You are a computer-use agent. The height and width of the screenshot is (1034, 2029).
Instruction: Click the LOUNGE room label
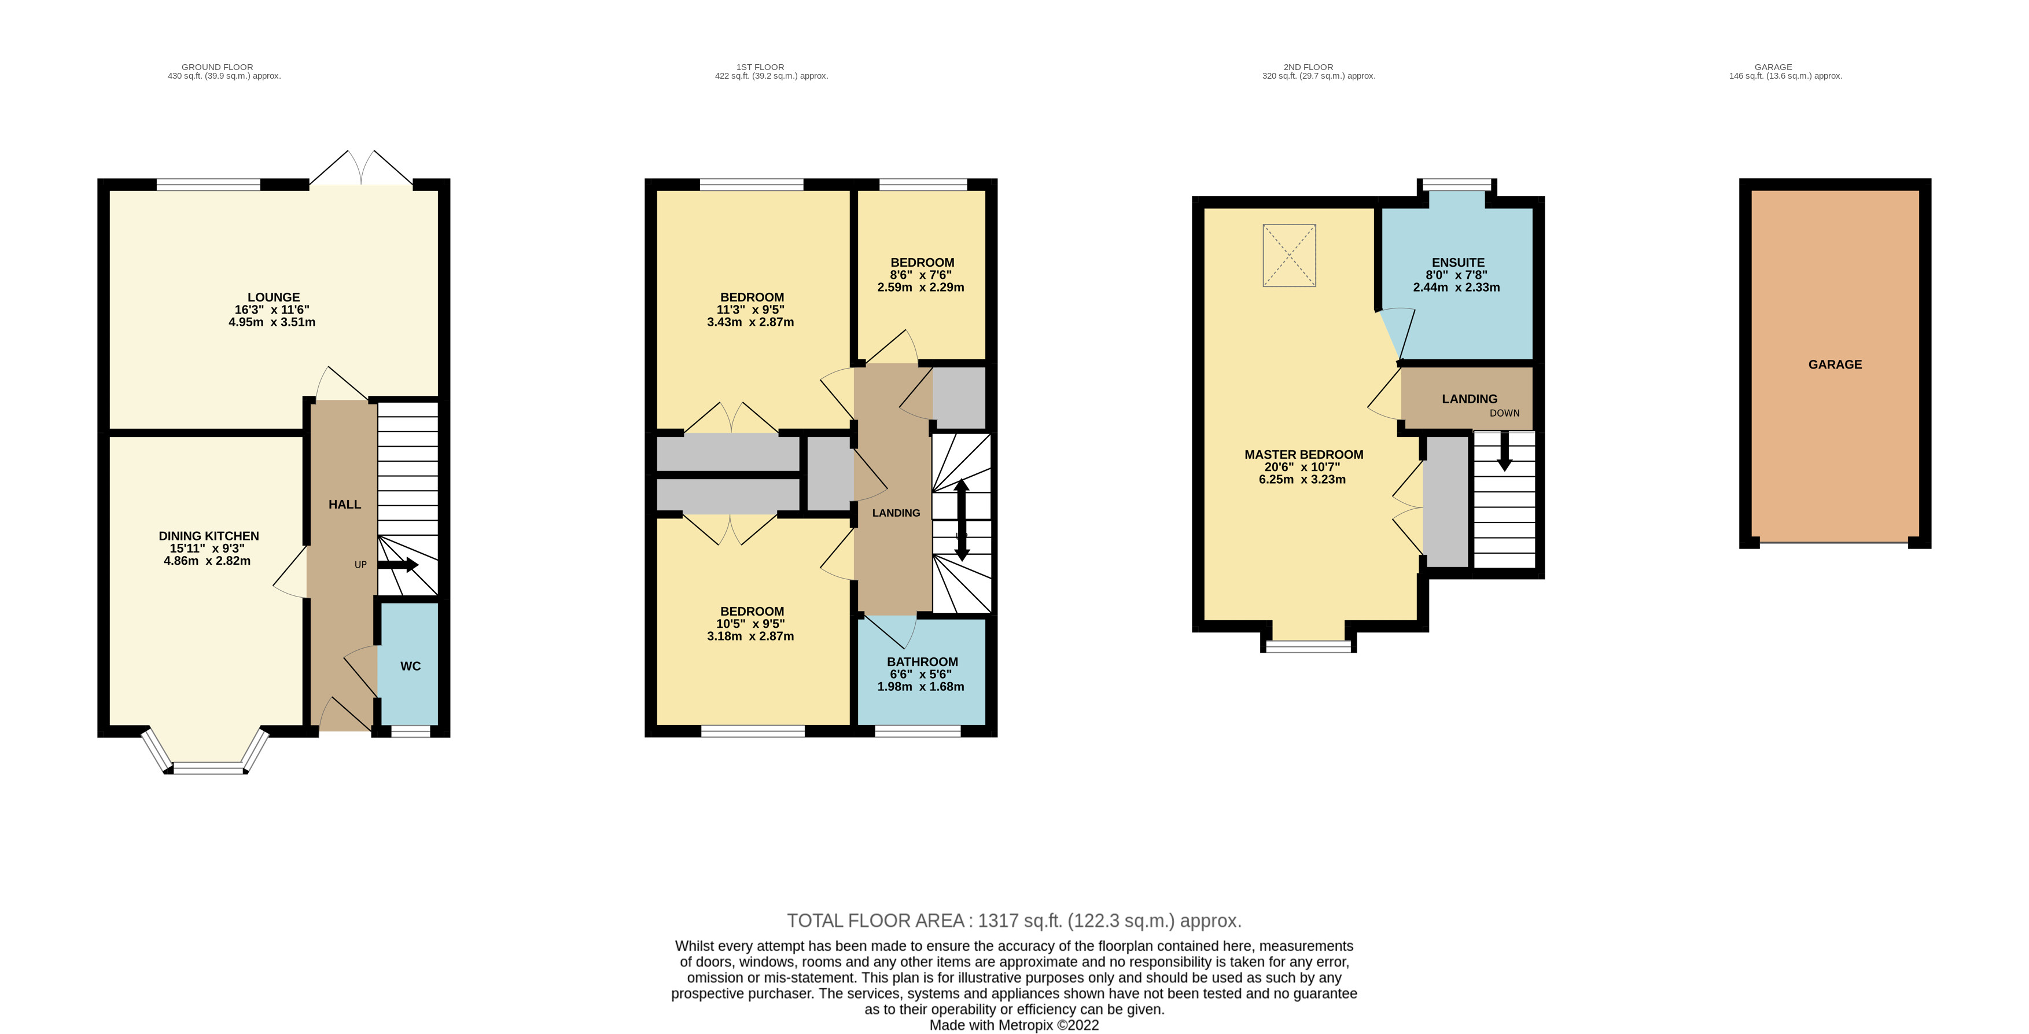(273, 297)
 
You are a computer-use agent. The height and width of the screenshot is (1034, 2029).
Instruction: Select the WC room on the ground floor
(410, 666)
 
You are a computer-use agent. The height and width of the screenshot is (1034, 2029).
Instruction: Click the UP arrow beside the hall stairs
(399, 565)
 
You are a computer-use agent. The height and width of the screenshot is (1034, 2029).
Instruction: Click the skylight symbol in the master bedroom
(1290, 256)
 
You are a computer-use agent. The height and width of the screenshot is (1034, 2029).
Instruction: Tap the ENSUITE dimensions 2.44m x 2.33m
(1456, 288)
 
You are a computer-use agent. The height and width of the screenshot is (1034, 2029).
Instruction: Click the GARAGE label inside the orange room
(1835, 365)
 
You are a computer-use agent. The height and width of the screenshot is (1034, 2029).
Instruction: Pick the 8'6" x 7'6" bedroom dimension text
(920, 275)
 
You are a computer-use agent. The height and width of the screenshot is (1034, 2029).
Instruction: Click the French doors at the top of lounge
(361, 168)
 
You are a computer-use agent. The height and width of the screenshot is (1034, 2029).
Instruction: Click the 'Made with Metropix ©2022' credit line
(1014, 1025)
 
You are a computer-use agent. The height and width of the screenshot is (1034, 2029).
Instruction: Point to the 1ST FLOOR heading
(760, 67)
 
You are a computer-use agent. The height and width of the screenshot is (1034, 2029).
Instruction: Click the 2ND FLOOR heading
(1308, 67)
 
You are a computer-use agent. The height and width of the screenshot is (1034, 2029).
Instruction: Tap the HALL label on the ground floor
(345, 505)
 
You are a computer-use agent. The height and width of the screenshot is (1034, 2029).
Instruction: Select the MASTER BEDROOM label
(1303, 454)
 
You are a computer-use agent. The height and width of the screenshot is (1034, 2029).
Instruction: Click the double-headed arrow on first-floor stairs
(962, 520)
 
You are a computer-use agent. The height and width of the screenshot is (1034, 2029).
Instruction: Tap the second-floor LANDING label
(1470, 399)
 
